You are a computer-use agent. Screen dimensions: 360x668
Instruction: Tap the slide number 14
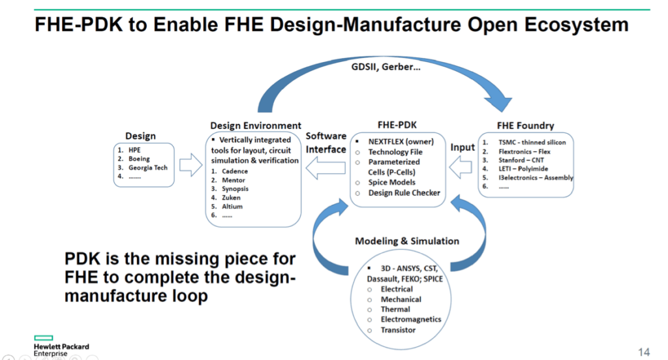644,352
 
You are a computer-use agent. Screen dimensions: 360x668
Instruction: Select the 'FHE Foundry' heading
525,126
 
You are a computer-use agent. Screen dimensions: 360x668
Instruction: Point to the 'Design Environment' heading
256,125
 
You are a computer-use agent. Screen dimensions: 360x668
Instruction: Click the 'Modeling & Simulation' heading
407,241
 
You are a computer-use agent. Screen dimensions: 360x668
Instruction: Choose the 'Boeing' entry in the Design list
139,158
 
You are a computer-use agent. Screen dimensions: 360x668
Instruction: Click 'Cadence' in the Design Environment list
235,171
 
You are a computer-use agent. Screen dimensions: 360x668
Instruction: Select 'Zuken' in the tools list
231,197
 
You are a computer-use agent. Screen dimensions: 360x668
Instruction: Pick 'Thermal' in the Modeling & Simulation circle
395,309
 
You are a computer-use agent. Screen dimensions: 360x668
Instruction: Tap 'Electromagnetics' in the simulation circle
411,320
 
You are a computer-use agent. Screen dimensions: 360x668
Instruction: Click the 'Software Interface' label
326,143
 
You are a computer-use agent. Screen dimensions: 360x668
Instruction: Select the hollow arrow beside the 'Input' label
463,168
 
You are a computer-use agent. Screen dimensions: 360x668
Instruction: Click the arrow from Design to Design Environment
190,166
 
